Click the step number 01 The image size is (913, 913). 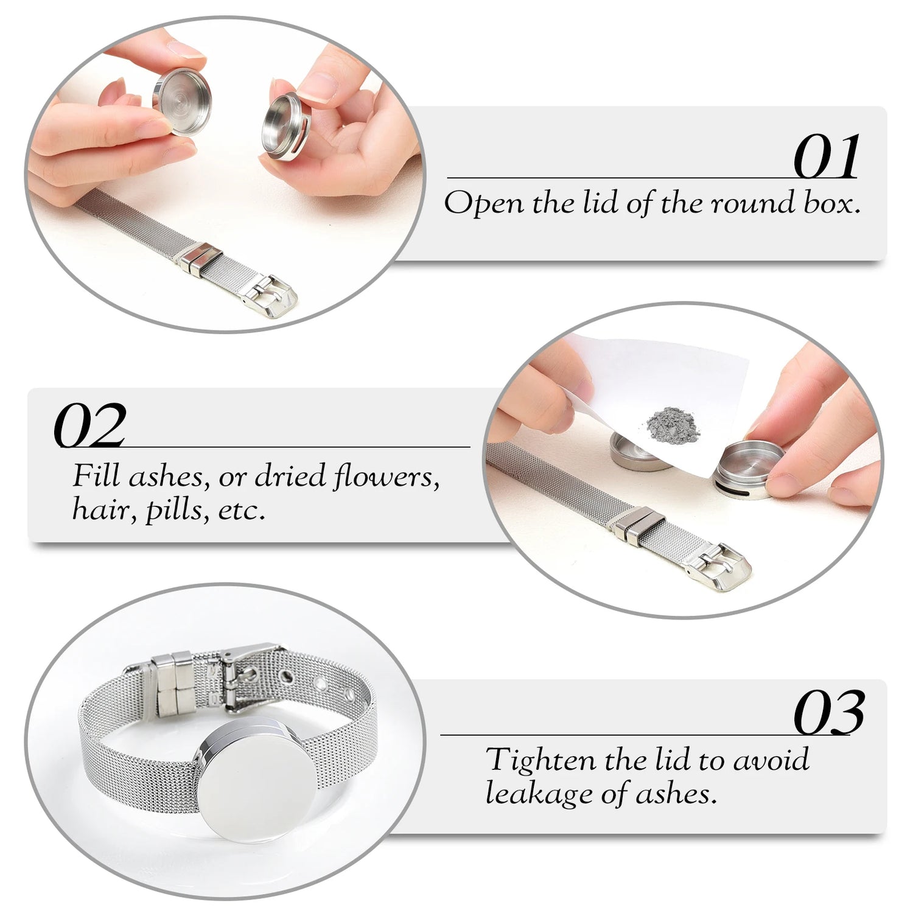click(827, 156)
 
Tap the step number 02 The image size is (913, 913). click(90, 425)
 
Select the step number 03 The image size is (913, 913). click(829, 713)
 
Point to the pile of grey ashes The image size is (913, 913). click(673, 422)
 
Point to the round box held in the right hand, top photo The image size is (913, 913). click(286, 127)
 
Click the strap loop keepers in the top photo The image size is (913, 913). click(198, 259)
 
